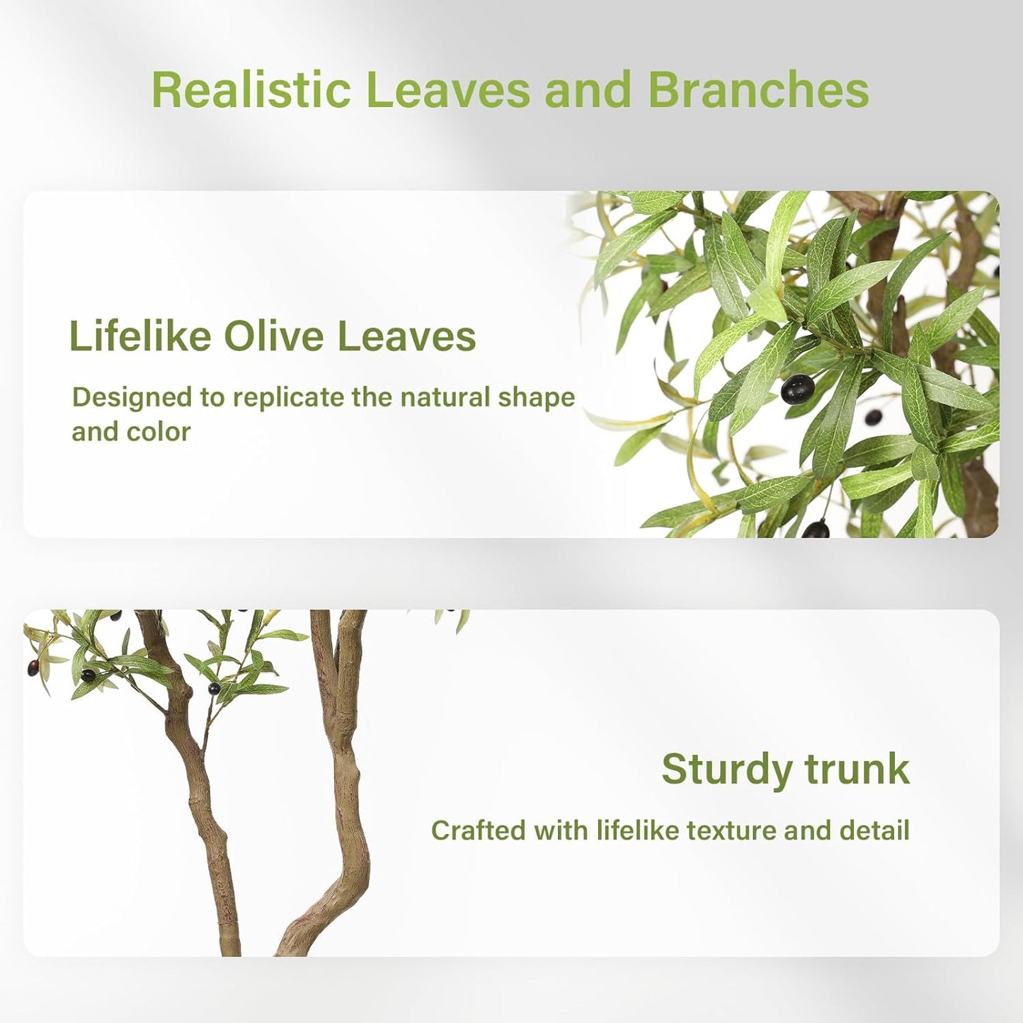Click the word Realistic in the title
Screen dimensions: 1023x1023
251,90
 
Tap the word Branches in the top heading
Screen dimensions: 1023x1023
758,90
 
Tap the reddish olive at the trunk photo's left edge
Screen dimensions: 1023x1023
32,666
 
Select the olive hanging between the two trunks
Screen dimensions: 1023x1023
213,687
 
